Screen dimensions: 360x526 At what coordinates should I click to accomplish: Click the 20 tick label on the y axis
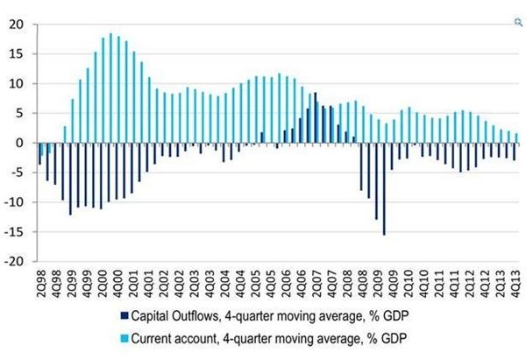pyautogui.click(x=15, y=25)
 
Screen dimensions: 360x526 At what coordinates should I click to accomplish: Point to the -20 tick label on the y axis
pyautogui.click(x=13, y=261)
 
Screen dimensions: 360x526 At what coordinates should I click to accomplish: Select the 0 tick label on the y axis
pyautogui.click(x=18, y=143)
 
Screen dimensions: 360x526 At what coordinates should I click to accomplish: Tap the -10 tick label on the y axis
pyautogui.click(x=13, y=202)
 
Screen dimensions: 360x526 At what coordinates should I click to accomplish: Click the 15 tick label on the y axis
pyautogui.click(x=15, y=54)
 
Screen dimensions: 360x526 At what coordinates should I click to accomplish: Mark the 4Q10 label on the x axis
pyautogui.click(x=423, y=282)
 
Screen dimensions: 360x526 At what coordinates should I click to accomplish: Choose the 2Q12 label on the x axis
pyautogui.click(x=466, y=282)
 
